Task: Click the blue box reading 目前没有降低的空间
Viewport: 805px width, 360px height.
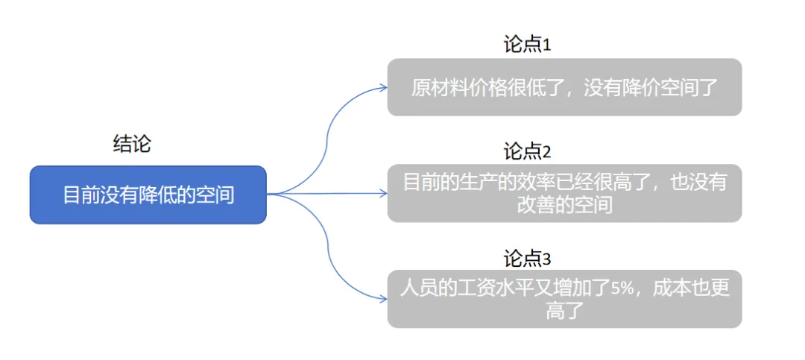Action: [148, 195]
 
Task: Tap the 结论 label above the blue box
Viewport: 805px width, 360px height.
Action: [132, 145]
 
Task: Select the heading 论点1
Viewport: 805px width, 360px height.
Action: [527, 45]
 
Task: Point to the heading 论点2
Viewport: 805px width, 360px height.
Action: [527, 152]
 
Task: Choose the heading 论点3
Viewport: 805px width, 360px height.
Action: [527, 259]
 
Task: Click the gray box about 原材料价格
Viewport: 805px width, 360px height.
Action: [564, 87]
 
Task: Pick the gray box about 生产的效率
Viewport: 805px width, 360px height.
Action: [564, 193]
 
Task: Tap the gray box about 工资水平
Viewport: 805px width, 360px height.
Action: [564, 299]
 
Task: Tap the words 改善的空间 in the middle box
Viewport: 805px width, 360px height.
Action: [564, 204]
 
